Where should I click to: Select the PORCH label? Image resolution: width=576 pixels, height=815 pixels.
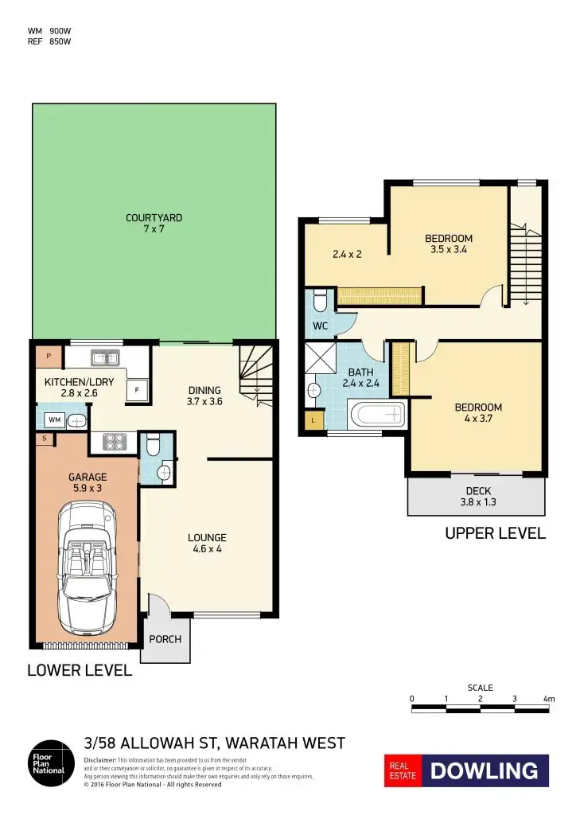click(165, 639)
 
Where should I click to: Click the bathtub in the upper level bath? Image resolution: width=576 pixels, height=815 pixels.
click(377, 415)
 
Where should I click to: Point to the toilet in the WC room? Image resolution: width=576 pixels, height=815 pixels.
click(320, 302)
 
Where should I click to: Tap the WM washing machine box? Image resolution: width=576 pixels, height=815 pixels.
click(55, 419)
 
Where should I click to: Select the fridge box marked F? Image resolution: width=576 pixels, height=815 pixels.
click(137, 390)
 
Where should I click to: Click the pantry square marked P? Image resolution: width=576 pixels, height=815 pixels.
click(49, 356)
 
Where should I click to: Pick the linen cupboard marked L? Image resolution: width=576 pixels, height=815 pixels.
click(314, 419)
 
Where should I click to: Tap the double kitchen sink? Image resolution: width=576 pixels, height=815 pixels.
click(105, 357)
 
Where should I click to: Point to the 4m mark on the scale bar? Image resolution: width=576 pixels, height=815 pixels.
click(547, 699)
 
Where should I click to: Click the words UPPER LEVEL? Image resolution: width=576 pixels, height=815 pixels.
click(495, 533)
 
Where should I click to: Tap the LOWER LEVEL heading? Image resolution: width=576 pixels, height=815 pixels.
click(80, 670)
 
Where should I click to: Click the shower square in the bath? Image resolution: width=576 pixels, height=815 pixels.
click(321, 357)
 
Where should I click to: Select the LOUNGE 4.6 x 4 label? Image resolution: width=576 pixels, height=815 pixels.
click(208, 542)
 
